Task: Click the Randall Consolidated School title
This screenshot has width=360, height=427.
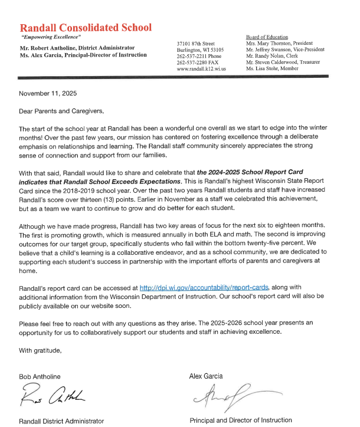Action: point(86,28)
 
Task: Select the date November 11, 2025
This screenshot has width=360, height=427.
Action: point(48,94)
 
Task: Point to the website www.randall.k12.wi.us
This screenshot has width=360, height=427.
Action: point(201,69)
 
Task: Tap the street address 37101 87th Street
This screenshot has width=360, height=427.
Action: point(196,44)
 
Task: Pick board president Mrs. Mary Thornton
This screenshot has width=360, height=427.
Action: point(280,43)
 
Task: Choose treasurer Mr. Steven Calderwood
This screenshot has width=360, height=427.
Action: point(283,62)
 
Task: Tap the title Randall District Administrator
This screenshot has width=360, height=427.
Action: point(61,421)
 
